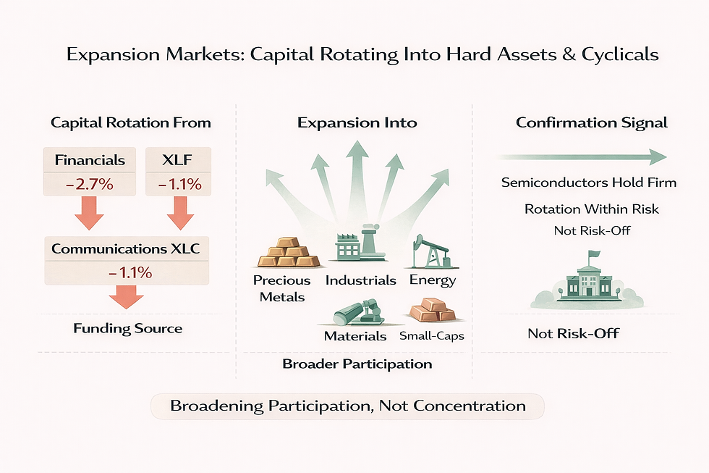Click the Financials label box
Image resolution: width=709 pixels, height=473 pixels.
click(90, 160)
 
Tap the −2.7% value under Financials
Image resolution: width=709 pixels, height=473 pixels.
click(90, 184)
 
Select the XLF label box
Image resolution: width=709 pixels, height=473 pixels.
click(178, 160)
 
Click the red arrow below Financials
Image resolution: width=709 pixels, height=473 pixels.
click(90, 212)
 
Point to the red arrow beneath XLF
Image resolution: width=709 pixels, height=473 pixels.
click(178, 212)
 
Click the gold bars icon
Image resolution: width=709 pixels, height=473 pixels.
click(288, 252)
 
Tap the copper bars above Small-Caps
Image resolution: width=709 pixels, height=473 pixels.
click(431, 312)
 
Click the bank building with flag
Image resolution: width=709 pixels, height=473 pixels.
click(587, 279)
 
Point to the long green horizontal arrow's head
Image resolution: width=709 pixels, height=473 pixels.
click(658, 157)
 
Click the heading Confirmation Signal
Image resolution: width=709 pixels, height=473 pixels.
click(592, 122)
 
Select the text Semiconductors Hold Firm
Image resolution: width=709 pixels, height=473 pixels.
click(589, 183)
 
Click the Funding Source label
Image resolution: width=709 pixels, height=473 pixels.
click(128, 328)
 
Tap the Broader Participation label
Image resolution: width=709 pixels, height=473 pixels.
click(357, 364)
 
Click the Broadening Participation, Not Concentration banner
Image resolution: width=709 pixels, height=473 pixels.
click(348, 406)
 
